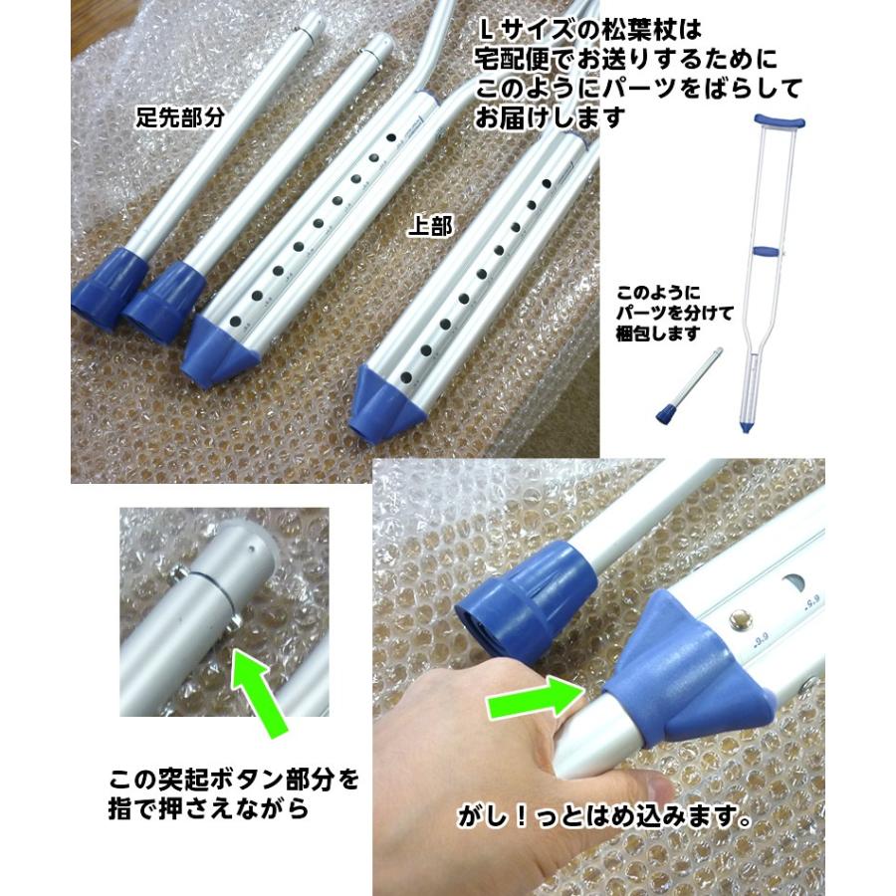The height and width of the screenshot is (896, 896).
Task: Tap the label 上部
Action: click(430, 227)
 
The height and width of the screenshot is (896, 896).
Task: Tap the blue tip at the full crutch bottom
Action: click(749, 425)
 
